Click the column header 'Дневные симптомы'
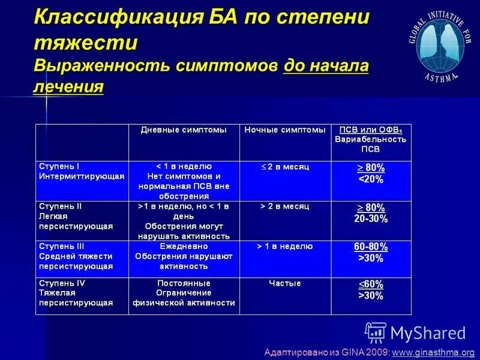coord(184,130)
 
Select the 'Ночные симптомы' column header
coord(285,130)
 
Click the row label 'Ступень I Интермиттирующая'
coord(82,171)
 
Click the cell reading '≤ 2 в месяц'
coord(285,166)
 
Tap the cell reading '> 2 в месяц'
coord(285,206)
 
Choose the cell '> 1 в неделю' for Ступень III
coord(285,246)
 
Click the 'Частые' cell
coord(285,283)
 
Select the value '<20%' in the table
coord(371,179)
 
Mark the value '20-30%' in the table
coord(371,219)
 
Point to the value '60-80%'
coord(371,247)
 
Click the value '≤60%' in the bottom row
coord(371,284)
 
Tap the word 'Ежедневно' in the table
coord(184,246)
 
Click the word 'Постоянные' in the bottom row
coord(184,283)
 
